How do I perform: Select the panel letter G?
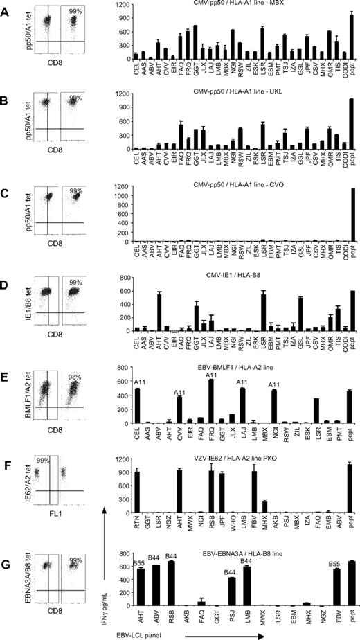7,552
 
